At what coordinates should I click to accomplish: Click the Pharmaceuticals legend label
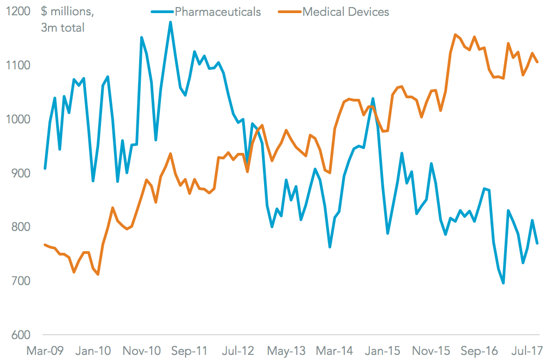point(218,11)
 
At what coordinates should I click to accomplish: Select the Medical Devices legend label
point(345,11)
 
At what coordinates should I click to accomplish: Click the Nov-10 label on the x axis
point(141,351)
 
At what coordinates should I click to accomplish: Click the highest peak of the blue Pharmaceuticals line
point(170,22)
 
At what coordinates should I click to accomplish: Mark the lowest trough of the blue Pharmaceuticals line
point(503,283)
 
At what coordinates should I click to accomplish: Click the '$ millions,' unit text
point(65,11)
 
